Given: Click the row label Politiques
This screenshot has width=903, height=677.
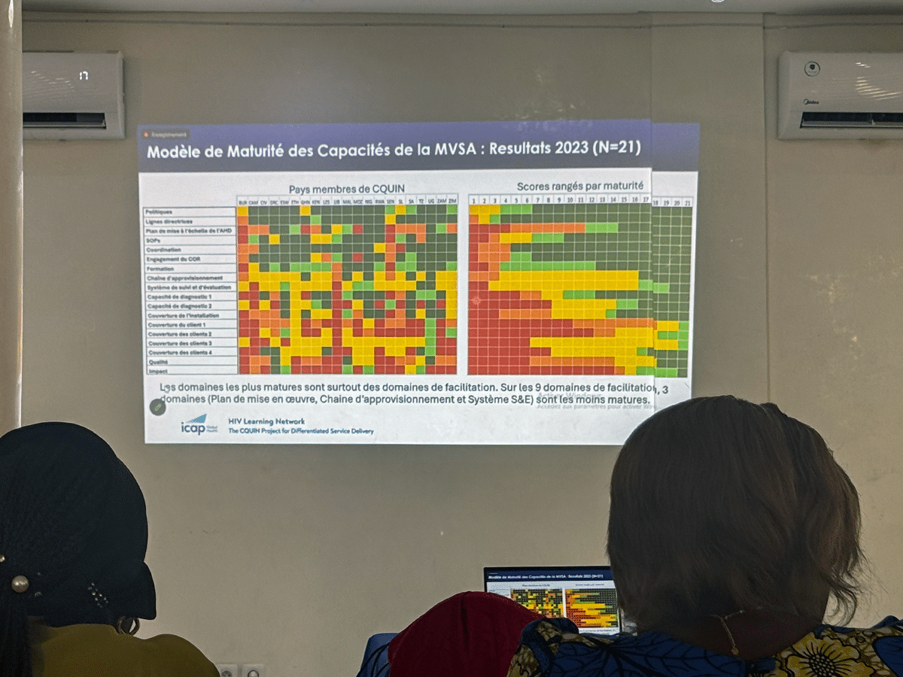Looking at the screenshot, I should click(159, 213).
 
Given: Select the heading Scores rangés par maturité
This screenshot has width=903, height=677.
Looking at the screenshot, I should click(579, 185).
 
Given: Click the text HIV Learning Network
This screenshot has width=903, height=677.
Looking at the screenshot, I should click(267, 421).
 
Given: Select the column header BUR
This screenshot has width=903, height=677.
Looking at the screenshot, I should click(242, 202).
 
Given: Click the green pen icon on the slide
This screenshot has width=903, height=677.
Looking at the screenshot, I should click(158, 408).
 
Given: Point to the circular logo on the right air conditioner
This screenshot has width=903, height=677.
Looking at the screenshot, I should click(812, 68).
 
